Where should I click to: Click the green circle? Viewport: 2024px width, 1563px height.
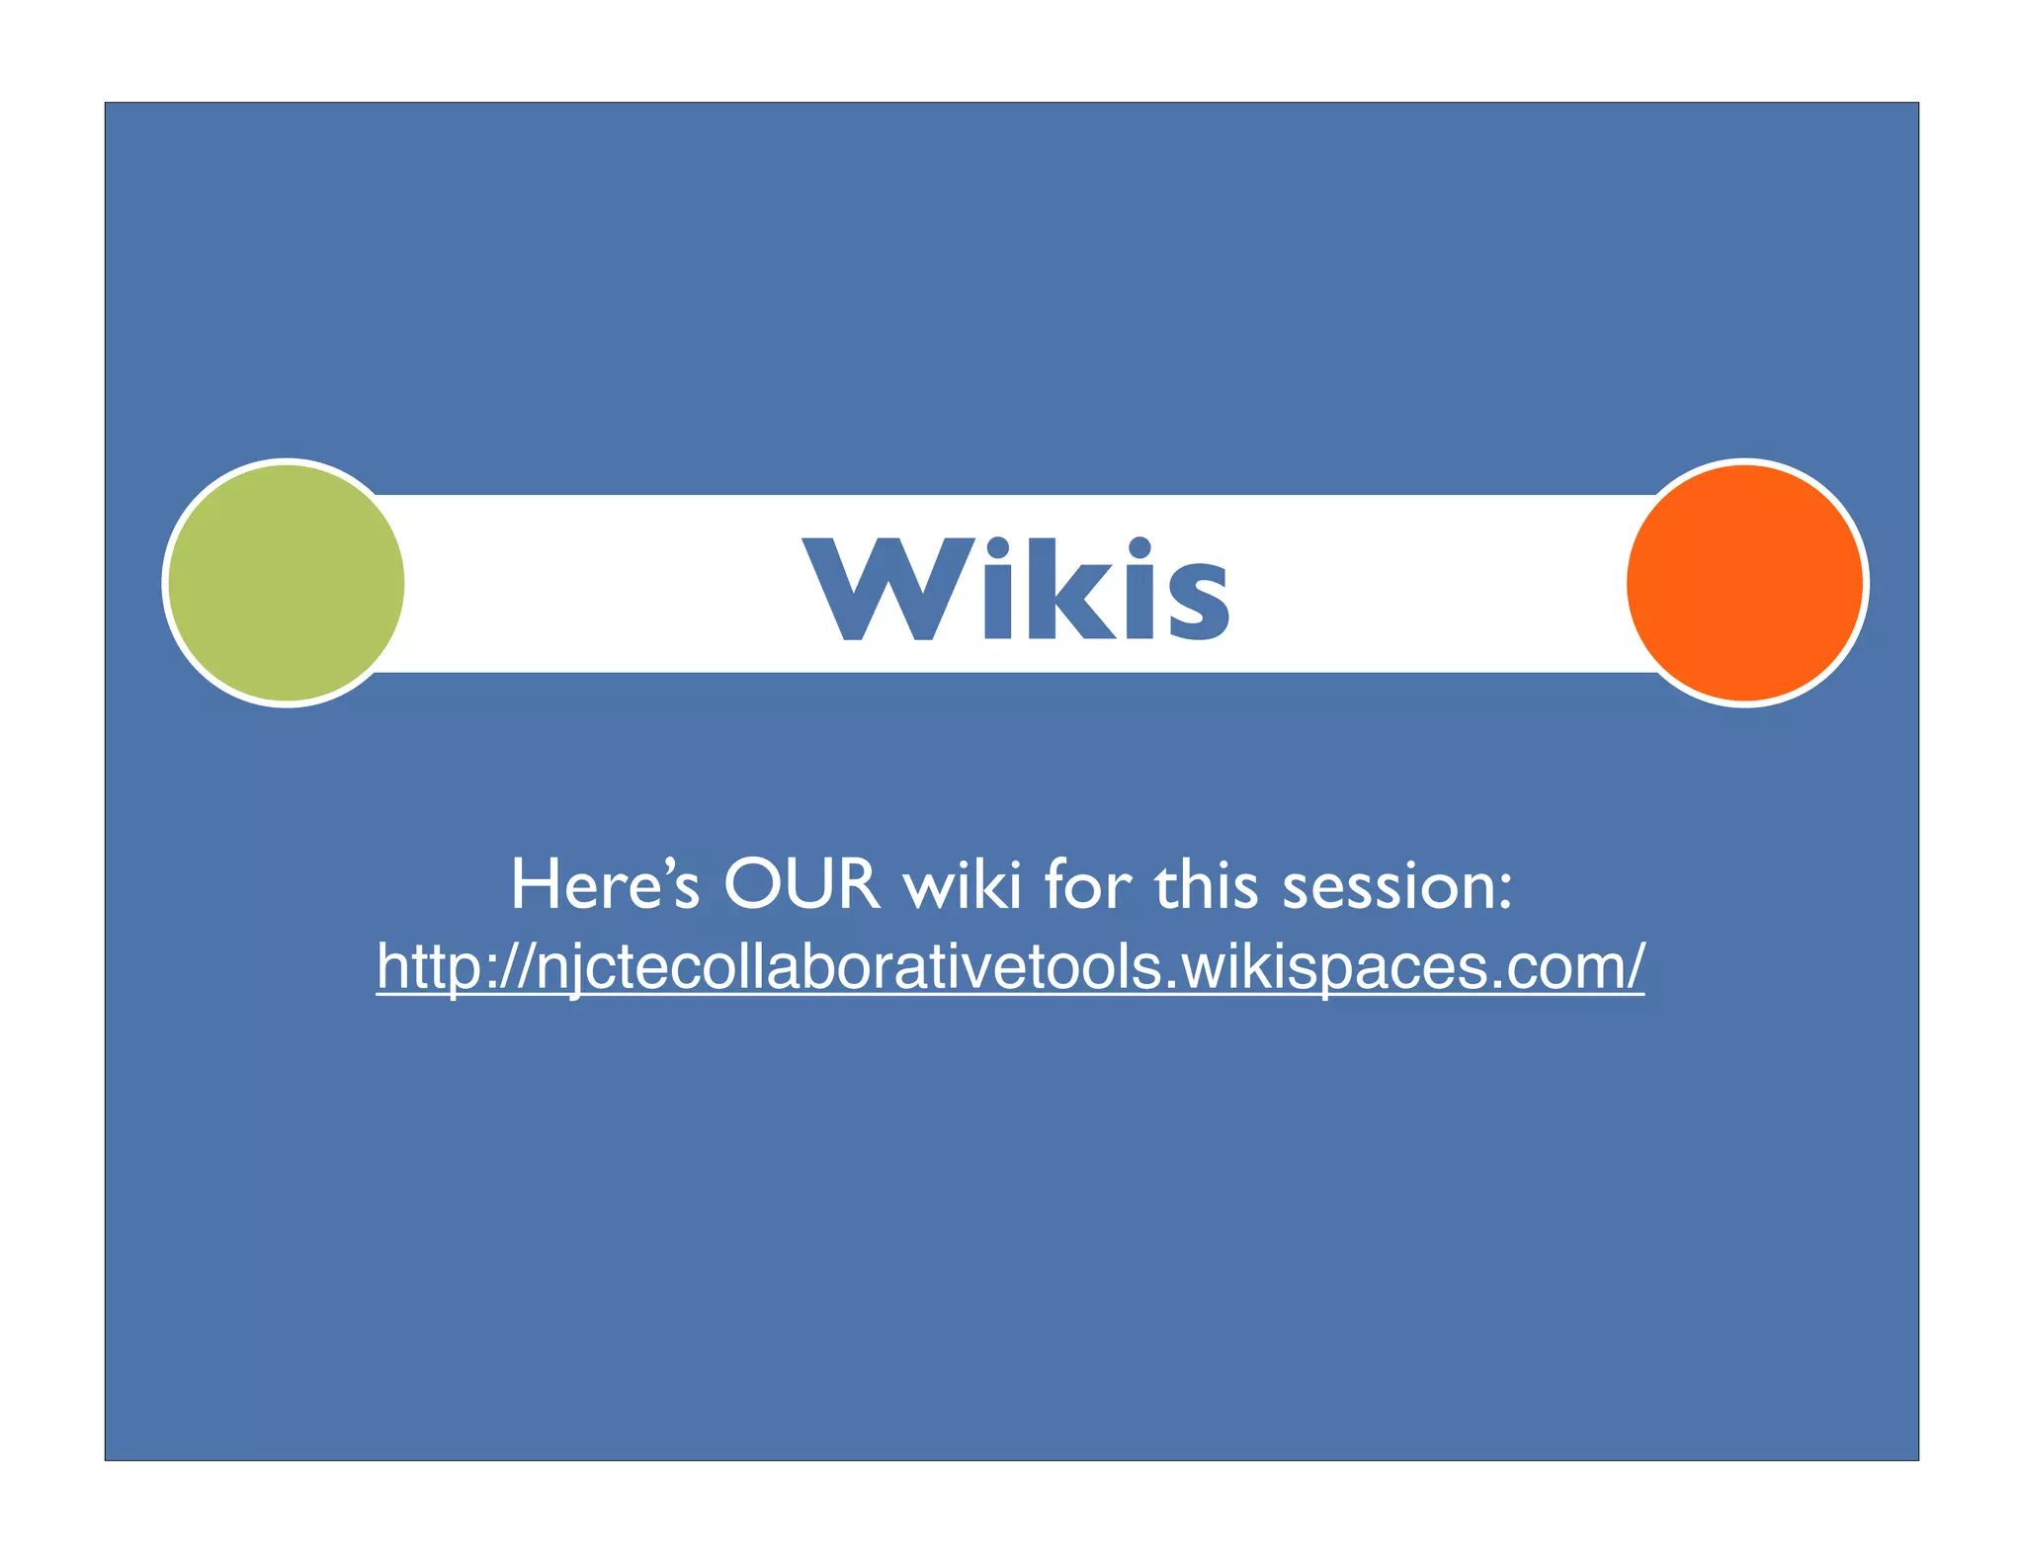click(286, 583)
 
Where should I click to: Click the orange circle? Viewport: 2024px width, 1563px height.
click(1745, 583)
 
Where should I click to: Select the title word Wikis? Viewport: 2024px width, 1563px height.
click(1016, 589)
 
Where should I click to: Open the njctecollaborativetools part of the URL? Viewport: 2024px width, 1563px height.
click(848, 966)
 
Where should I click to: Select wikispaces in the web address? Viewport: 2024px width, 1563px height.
click(1333, 966)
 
